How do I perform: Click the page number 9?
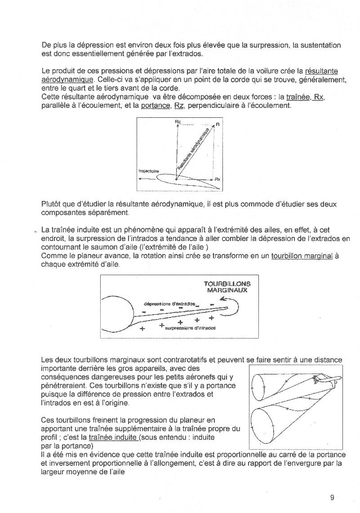pos(332,497)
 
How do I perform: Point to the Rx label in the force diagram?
pos(218,179)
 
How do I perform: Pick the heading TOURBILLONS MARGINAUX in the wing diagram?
pos(227,287)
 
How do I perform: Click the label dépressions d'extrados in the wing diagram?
pos(169,304)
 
